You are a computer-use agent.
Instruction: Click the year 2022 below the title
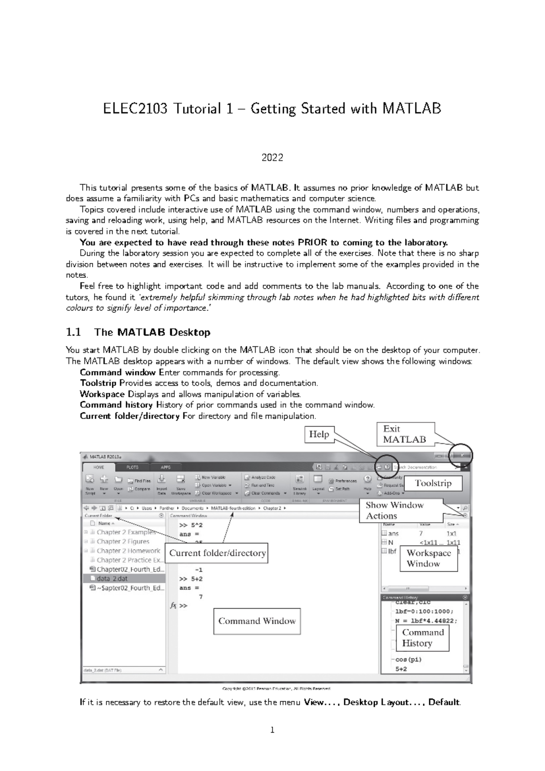(x=272, y=158)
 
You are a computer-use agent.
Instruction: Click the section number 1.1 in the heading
(x=74, y=332)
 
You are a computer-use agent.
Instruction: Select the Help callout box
(x=319, y=434)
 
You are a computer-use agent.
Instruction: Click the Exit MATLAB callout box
(x=404, y=434)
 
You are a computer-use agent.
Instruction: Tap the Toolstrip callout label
(x=433, y=483)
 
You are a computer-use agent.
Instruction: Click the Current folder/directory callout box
(x=217, y=553)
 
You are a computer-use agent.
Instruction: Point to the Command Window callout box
(x=257, y=621)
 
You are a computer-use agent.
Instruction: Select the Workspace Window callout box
(x=428, y=558)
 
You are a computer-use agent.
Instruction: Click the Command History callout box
(x=422, y=638)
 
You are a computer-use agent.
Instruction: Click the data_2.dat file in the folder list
(x=112, y=579)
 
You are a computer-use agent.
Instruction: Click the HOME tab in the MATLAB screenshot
(x=99, y=467)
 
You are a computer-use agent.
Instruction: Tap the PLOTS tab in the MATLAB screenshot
(x=132, y=467)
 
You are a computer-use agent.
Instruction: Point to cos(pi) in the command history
(x=408, y=660)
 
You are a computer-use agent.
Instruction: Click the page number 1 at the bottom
(x=272, y=731)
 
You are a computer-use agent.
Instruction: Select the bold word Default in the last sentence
(x=444, y=702)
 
